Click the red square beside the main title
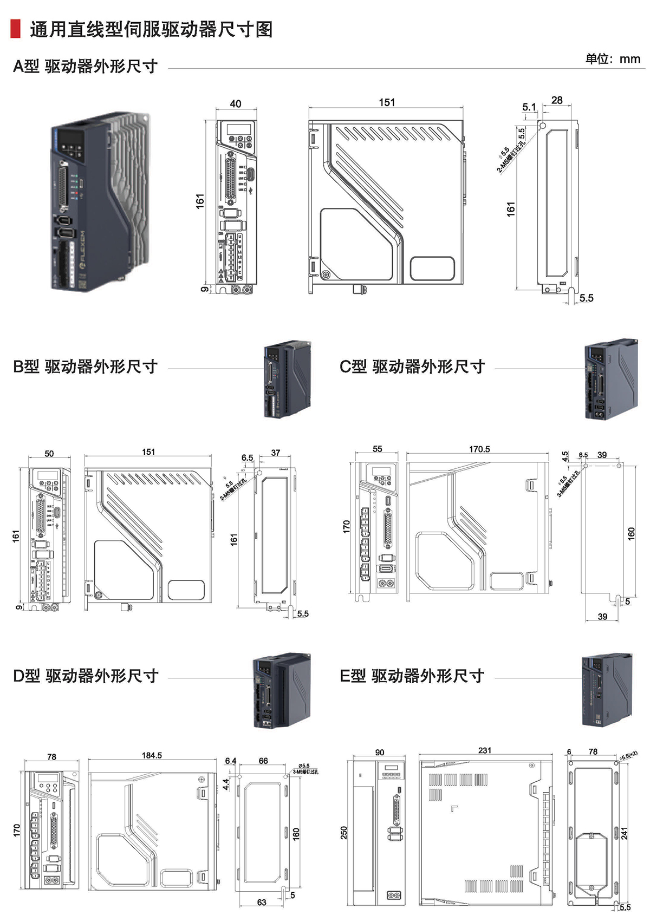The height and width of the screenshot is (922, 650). [x=15, y=29]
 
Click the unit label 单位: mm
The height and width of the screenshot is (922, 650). [x=613, y=58]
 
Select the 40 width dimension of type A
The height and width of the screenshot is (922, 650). [x=236, y=103]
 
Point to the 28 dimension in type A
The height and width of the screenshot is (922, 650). [x=557, y=100]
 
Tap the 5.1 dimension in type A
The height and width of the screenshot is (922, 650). [x=529, y=107]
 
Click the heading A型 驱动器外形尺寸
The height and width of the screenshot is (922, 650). [x=85, y=66]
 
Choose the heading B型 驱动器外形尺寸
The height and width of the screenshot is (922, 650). [x=85, y=367]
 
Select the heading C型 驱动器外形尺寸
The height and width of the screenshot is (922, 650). [x=412, y=367]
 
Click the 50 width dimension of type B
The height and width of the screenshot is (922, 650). [x=49, y=454]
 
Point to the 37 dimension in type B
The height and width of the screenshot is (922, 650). [x=276, y=453]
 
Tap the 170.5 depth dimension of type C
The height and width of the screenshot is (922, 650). [x=479, y=449]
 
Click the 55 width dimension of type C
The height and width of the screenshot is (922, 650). [x=378, y=449]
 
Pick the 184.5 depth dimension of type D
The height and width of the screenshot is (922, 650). [x=152, y=755]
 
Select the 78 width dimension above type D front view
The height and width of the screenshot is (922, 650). [x=51, y=757]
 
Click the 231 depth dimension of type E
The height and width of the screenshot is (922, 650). [x=485, y=750]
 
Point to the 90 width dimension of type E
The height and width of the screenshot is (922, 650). [x=380, y=753]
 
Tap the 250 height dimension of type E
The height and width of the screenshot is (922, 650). [x=344, y=833]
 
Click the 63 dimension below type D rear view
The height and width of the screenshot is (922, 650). [x=262, y=903]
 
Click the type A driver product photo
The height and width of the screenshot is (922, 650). [x=100, y=201]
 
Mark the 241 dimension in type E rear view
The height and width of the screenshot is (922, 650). [x=625, y=833]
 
